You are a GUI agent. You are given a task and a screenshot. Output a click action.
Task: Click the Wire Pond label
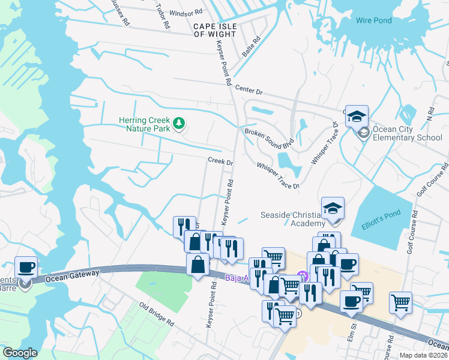pos(373,20)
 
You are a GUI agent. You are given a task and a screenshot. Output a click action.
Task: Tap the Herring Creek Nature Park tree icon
pos(178,124)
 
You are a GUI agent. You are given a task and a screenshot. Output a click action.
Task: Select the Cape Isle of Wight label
pos(215,30)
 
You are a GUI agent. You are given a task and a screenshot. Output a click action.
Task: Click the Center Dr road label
pos(249,90)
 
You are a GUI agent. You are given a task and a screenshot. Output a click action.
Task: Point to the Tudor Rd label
pos(161,17)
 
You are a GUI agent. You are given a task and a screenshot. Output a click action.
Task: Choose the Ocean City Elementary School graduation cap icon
pos(357,116)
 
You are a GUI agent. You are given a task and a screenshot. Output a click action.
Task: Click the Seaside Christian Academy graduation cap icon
pos(333,208)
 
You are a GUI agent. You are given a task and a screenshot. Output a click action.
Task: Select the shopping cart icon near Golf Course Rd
pos(400,302)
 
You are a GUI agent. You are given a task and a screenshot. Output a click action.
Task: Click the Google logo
pos(20,353)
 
